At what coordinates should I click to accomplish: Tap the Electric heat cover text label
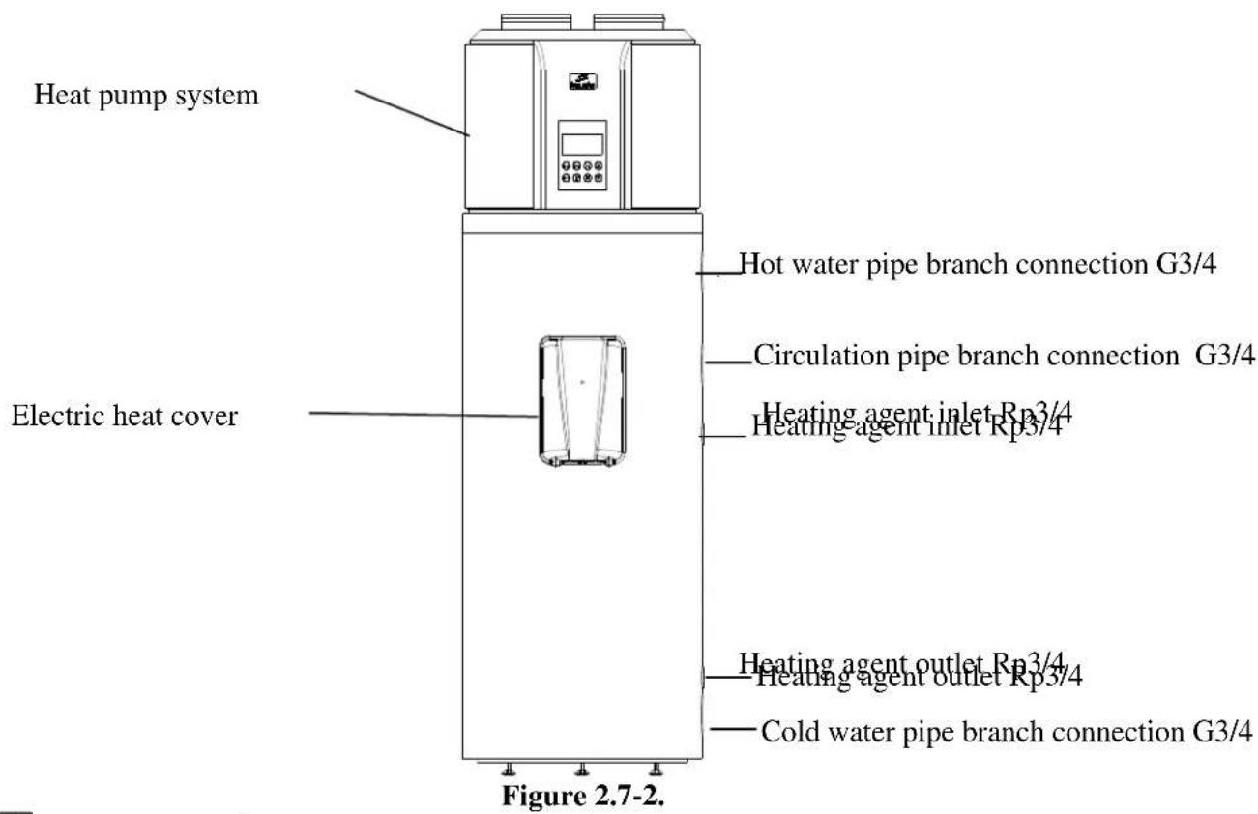coord(124,418)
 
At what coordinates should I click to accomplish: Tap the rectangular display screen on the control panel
coord(583,144)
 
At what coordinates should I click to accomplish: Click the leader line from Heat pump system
coord(413,112)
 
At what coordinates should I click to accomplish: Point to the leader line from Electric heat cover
coord(424,415)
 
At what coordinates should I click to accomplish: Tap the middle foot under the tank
coord(581,770)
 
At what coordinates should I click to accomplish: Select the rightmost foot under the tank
coord(657,770)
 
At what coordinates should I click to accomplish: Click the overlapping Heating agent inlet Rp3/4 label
coord(914,420)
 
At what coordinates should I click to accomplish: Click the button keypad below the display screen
coord(583,174)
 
